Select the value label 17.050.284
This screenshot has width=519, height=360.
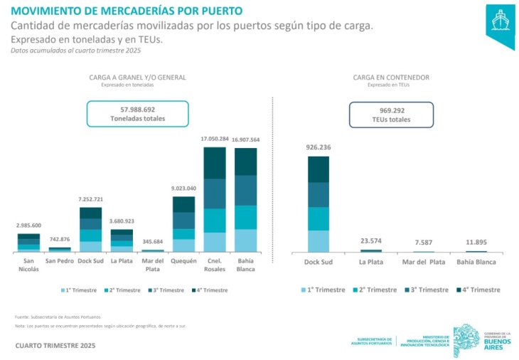(215, 139)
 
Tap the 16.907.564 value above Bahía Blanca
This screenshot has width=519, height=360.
(245, 140)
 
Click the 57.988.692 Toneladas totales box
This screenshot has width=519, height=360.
(137, 114)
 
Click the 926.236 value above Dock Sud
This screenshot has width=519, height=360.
(319, 147)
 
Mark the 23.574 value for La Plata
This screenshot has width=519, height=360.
(370, 240)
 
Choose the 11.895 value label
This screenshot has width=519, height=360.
(476, 243)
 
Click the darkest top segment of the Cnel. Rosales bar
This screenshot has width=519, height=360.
(215, 163)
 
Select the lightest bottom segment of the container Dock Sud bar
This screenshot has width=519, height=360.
(319, 241)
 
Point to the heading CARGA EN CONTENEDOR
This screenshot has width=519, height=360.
(390, 78)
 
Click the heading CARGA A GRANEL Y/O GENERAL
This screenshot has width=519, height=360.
(137, 78)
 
